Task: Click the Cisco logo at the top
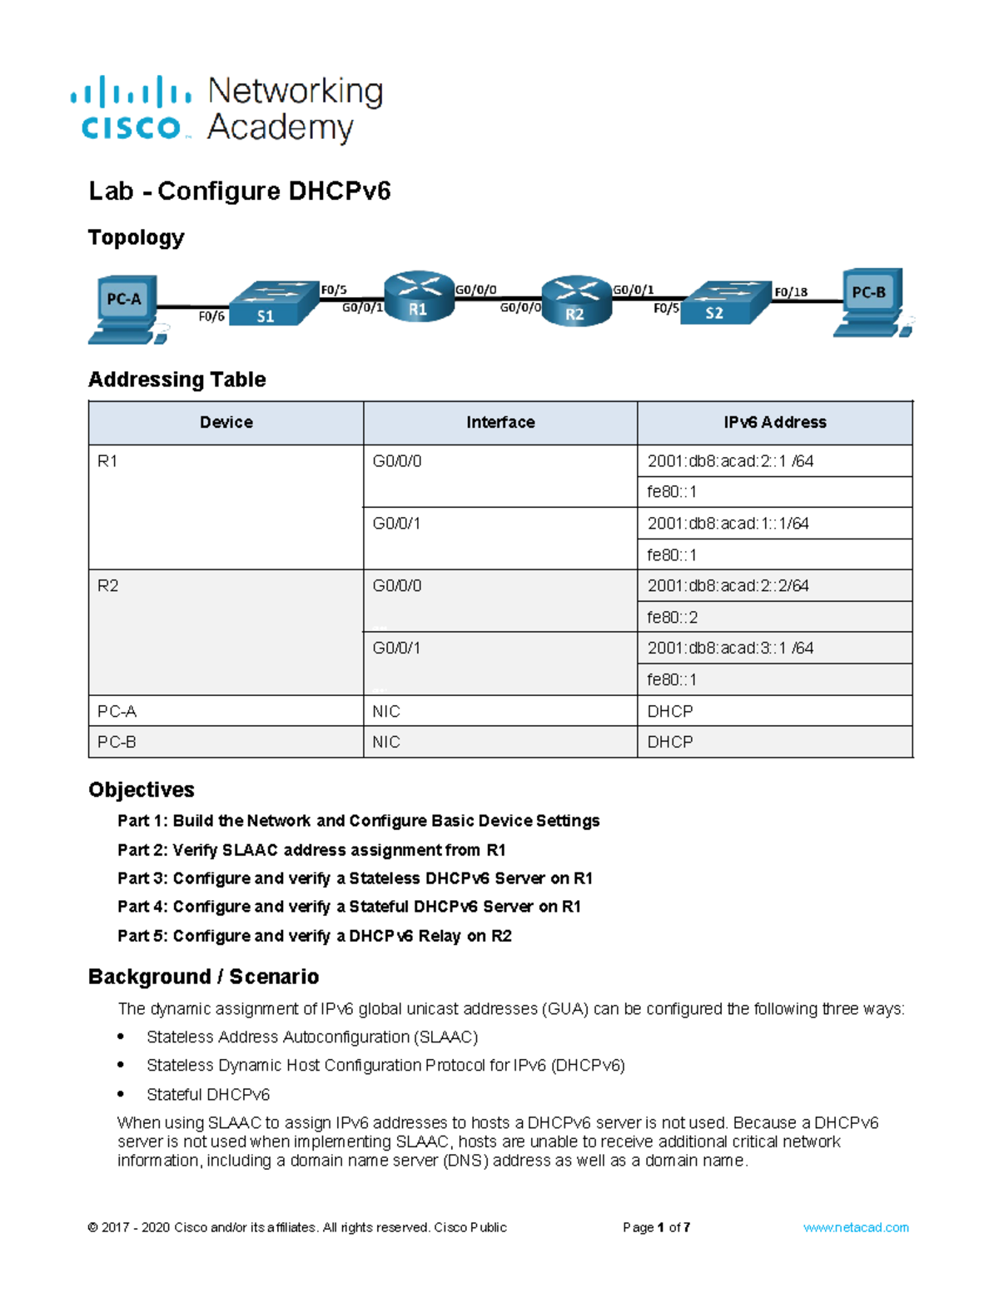pyautogui.click(x=132, y=108)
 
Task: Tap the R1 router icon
pyautogui.click(x=419, y=296)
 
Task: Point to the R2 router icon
pyautogui.click(x=576, y=301)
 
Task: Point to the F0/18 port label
pyautogui.click(x=790, y=292)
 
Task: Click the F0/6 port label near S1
pyautogui.click(x=211, y=316)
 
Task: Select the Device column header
pyautogui.click(x=226, y=423)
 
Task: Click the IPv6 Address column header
pyautogui.click(x=774, y=423)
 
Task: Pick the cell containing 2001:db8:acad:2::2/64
pyautogui.click(x=774, y=586)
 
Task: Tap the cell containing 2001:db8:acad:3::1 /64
pyautogui.click(x=774, y=649)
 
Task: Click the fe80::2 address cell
pyautogui.click(x=774, y=618)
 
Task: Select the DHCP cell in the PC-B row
pyautogui.click(x=774, y=742)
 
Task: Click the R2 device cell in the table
pyautogui.click(x=226, y=632)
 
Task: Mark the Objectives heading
pyautogui.click(x=142, y=789)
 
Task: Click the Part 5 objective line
pyautogui.click(x=314, y=936)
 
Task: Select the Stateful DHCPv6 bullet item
pyautogui.click(x=208, y=1095)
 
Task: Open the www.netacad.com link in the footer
pyautogui.click(x=855, y=1227)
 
